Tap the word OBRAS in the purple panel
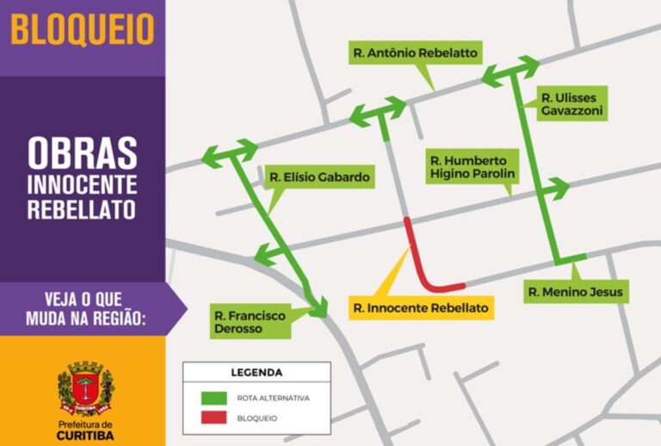pos(83,153)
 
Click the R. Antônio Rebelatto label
pos(415,53)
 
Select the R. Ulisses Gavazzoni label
pos(570,103)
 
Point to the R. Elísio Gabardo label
pos(319,178)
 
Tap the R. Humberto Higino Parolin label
pos(473,166)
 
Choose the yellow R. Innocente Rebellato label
pos(421,307)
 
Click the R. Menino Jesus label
pos(574,292)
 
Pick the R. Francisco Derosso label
pos(250,322)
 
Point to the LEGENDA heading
pos(256,373)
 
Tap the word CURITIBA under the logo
pos(84,436)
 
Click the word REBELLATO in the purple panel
pos(83,208)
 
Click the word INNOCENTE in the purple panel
pos(83,183)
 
